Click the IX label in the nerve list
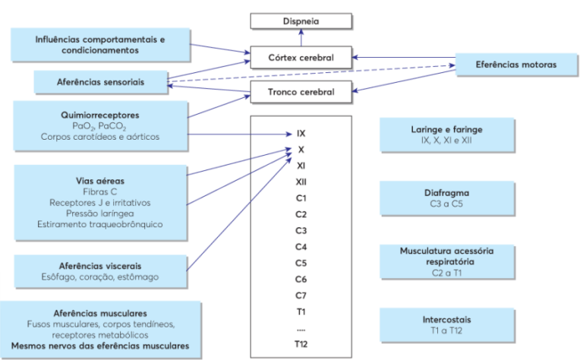click(301, 133)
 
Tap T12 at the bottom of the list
click(301, 343)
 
